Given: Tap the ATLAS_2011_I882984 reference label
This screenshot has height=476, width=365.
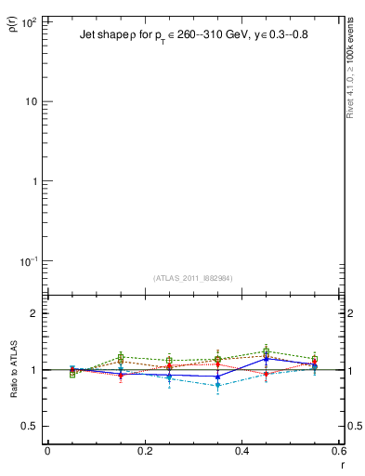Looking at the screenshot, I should pyautogui.click(x=193, y=277).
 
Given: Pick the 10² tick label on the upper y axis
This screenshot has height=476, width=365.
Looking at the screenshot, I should pyautogui.click(x=27, y=21).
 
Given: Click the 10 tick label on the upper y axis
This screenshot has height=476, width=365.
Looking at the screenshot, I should pyautogui.click(x=30, y=101).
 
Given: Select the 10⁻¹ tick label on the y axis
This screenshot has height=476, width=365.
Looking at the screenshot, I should pyautogui.click(x=27, y=261).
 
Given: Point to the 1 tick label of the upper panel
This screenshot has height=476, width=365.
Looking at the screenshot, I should pyautogui.click(x=33, y=181).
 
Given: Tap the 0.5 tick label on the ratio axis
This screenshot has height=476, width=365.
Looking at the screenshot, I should pyautogui.click(x=29, y=426).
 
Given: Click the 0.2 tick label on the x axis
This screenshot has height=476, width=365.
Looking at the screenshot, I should pyautogui.click(x=144, y=451).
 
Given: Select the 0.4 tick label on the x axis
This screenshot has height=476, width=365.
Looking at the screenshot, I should pyautogui.click(x=241, y=451).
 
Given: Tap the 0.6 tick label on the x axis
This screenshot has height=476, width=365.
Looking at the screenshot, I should pyautogui.click(x=338, y=451).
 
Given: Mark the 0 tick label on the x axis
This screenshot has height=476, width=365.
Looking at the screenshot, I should pyautogui.click(x=47, y=451).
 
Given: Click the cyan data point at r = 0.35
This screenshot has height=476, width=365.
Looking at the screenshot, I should pyautogui.click(x=217, y=385).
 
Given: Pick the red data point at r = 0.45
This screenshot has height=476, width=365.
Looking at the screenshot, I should pyautogui.click(x=266, y=374).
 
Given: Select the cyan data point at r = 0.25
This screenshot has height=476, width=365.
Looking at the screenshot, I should pyautogui.click(x=169, y=377).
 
